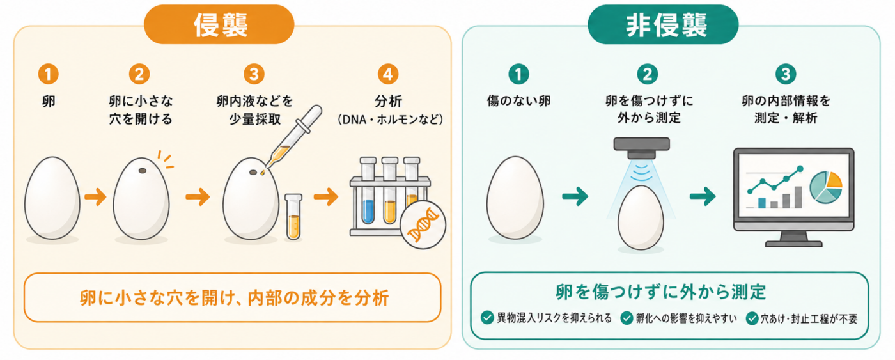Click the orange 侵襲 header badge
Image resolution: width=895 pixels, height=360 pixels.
(x=219, y=24)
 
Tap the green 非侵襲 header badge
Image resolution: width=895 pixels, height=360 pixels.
(x=663, y=24)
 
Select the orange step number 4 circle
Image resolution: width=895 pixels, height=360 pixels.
(x=387, y=74)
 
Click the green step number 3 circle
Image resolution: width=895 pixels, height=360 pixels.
(x=786, y=74)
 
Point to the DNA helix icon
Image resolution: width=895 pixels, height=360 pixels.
(x=423, y=225)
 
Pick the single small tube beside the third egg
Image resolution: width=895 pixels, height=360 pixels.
(x=293, y=217)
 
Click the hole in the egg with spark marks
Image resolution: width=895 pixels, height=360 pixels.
(x=142, y=171)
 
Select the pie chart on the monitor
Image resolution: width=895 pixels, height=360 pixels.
(x=825, y=187)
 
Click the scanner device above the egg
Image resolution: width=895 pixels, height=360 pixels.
(x=641, y=148)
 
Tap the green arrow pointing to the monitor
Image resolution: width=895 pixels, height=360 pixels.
(x=703, y=196)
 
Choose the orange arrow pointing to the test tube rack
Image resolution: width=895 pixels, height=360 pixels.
(x=326, y=196)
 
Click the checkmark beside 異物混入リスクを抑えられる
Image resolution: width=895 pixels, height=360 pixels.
(x=487, y=318)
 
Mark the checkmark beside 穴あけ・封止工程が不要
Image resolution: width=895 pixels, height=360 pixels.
(x=752, y=318)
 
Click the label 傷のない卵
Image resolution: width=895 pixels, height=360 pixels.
(x=518, y=100)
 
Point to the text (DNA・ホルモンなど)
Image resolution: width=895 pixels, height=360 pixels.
(x=390, y=120)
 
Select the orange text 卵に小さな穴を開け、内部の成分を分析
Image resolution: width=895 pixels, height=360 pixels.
(x=234, y=298)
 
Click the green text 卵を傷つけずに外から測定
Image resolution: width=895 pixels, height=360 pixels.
(x=660, y=292)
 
